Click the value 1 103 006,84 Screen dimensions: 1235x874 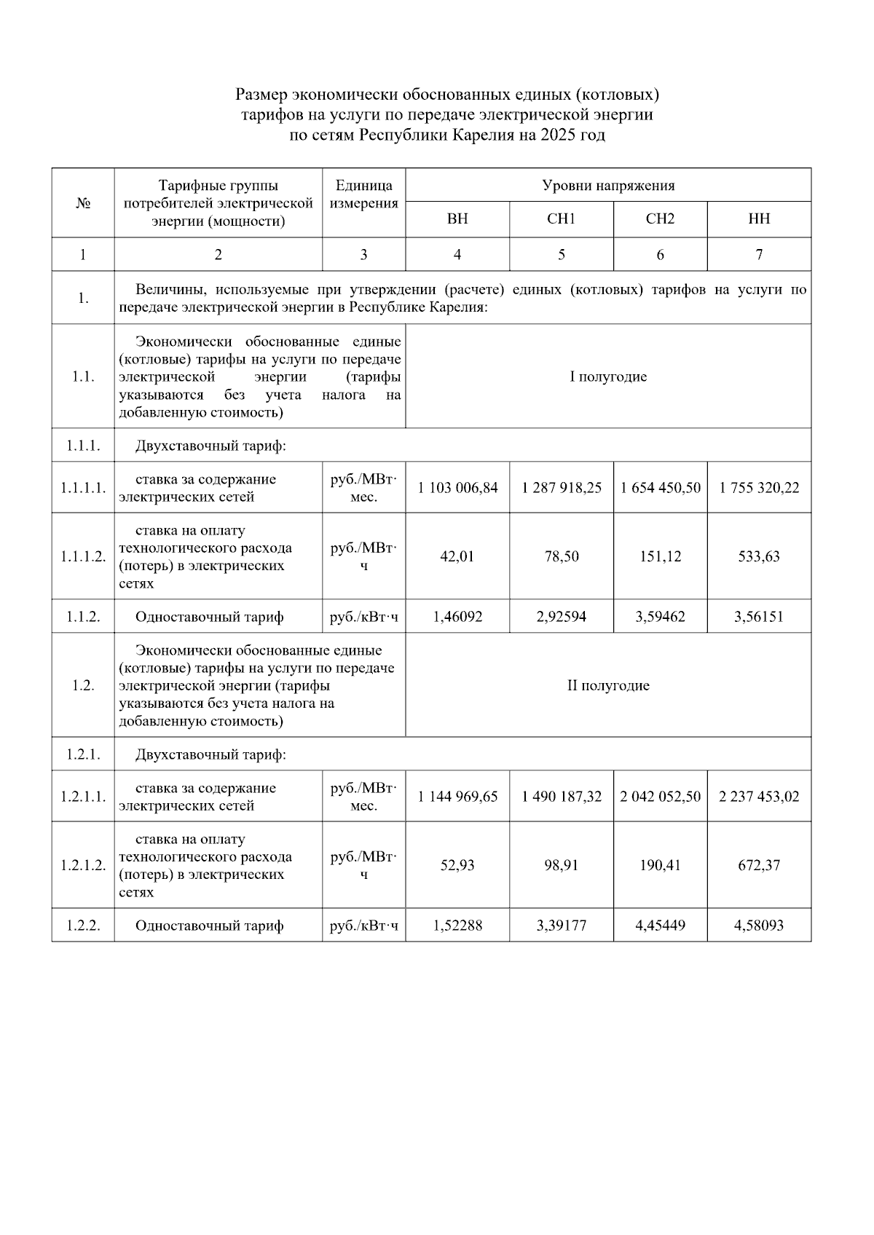click(x=457, y=488)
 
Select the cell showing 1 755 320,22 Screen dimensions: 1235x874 click(x=759, y=488)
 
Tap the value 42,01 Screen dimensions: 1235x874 click(x=457, y=556)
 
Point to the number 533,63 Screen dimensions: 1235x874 click(x=759, y=556)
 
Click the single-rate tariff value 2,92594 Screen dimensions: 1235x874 click(x=561, y=617)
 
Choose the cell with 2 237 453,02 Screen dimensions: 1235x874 click(x=759, y=797)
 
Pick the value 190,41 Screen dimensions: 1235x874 click(x=660, y=865)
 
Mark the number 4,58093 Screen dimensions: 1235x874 click(x=759, y=926)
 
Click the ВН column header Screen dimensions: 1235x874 click(x=457, y=219)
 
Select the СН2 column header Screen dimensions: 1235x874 click(x=660, y=219)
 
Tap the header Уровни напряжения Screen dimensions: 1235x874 click(x=608, y=186)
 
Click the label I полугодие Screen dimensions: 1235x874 click(x=608, y=376)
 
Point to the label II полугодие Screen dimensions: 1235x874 click(x=608, y=685)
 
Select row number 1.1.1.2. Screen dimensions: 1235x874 click(x=83, y=556)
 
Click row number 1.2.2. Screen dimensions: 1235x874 click(x=83, y=926)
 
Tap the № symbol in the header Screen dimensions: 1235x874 click(x=83, y=203)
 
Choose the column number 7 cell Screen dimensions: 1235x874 click(x=759, y=254)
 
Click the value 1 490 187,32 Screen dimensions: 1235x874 click(x=561, y=797)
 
